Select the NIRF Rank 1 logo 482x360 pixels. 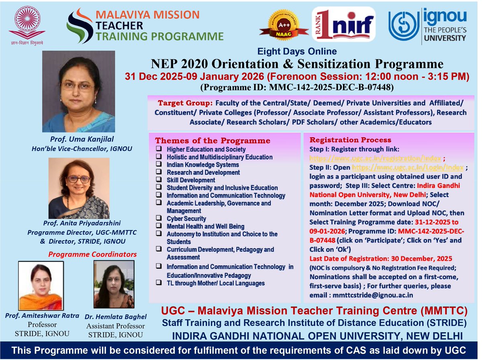[343, 24]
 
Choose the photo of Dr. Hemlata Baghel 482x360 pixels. [114, 284]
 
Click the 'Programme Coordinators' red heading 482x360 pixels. [92, 254]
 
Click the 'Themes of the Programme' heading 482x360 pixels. [212, 141]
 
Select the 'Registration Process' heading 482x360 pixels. [350, 140]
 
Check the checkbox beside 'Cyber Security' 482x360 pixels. [159, 219]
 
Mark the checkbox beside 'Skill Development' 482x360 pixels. [159, 180]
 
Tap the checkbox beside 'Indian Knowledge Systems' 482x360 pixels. [159, 165]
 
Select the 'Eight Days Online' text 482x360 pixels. [297, 51]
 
